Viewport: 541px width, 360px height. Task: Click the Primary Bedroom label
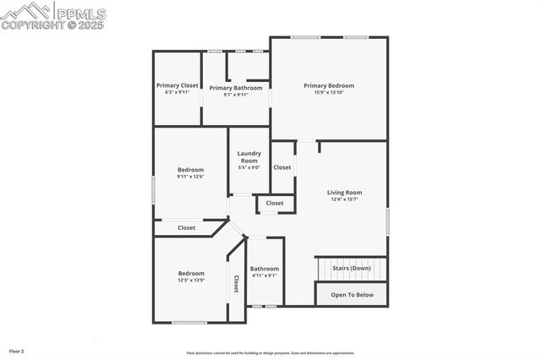click(329, 85)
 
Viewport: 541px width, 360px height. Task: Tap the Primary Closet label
click(178, 85)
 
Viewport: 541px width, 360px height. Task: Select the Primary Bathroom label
click(236, 88)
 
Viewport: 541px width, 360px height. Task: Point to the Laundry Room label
click(249, 156)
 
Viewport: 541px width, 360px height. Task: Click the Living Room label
click(344, 193)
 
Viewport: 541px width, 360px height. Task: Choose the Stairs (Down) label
click(351, 268)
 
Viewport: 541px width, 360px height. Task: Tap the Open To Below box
click(352, 295)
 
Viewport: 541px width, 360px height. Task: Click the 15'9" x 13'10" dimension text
click(329, 92)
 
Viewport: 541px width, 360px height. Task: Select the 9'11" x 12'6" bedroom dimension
click(190, 177)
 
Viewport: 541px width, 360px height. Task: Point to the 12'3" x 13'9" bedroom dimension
click(190, 280)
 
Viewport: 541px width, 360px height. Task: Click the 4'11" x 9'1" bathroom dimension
click(265, 275)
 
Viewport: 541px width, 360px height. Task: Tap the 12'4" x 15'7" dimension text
click(344, 199)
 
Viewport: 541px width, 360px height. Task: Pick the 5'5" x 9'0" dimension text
click(249, 167)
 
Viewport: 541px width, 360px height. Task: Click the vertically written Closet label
click(236, 286)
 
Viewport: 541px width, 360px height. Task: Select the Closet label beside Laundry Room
click(282, 167)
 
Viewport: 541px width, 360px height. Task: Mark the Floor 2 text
click(17, 350)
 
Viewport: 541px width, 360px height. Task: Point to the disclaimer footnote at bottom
click(270, 353)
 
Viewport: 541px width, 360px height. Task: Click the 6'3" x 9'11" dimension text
click(178, 92)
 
